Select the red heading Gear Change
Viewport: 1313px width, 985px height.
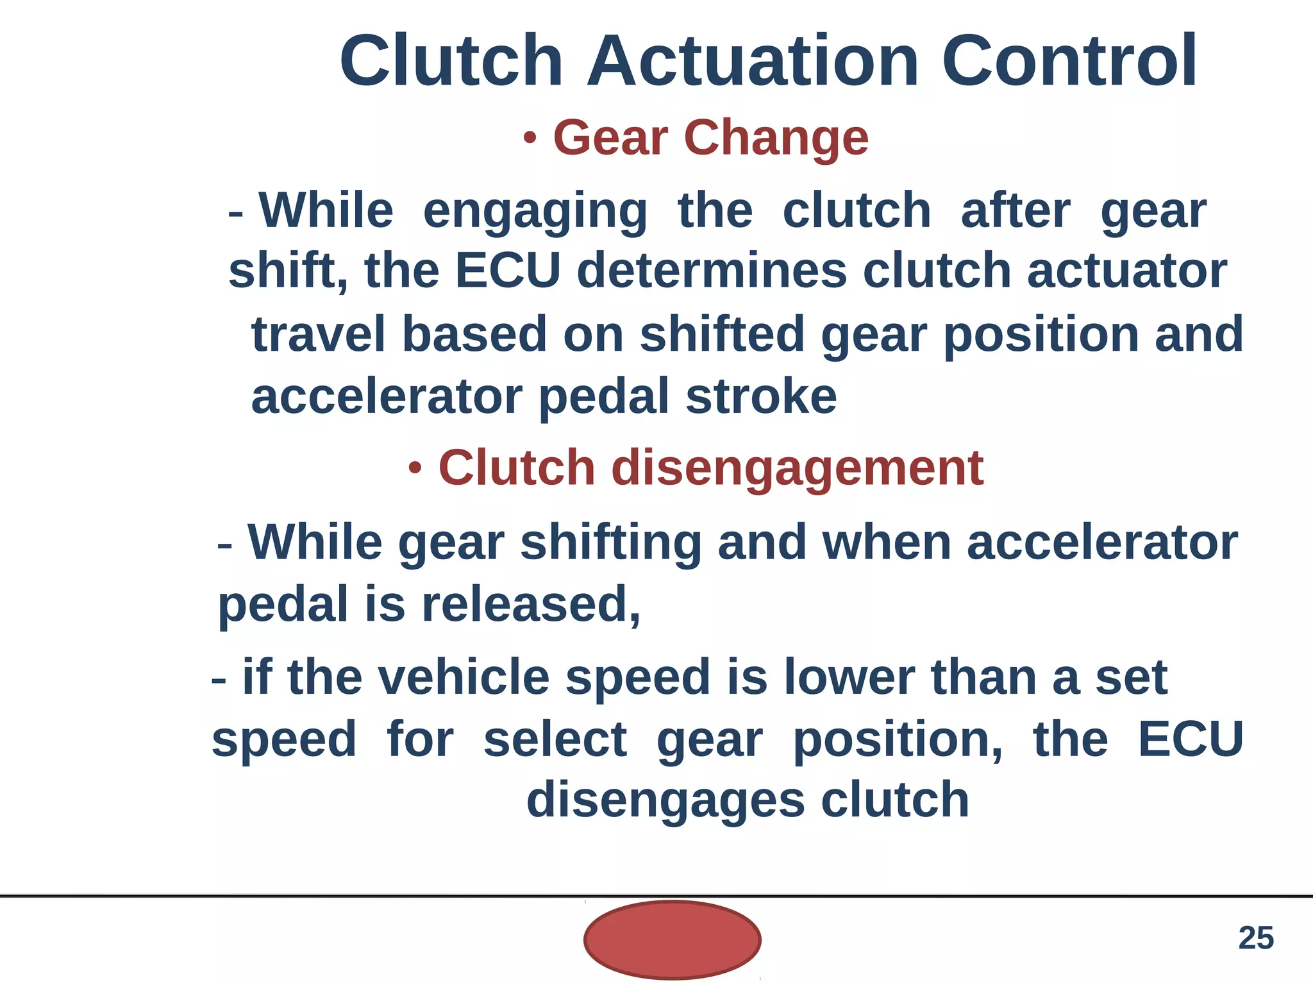point(710,138)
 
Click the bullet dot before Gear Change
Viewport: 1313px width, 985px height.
point(530,138)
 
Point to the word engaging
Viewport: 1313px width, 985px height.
point(535,212)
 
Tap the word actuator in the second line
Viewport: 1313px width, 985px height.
point(1126,271)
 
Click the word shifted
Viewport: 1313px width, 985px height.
point(722,334)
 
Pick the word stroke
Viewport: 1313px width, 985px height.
point(761,396)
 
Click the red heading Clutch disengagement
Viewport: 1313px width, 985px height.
point(710,468)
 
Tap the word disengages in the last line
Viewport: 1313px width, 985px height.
point(665,800)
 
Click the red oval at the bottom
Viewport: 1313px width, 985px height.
point(672,939)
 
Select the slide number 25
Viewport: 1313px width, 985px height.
point(1255,938)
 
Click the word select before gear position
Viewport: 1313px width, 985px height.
point(555,739)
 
